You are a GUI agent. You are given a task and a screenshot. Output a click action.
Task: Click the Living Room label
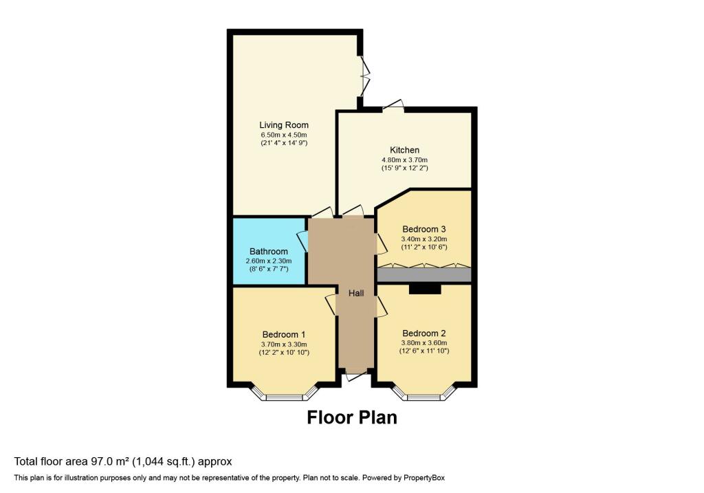(284, 125)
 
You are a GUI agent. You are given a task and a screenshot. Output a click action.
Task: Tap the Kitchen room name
(404, 150)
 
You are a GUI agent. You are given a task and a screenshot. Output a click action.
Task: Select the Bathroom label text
(269, 252)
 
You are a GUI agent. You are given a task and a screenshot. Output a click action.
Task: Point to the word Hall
(357, 293)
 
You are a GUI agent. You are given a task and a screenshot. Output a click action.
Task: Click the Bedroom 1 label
(284, 334)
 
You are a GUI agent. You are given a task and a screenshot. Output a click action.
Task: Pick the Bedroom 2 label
(423, 333)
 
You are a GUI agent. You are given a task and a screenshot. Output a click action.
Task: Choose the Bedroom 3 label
(423, 229)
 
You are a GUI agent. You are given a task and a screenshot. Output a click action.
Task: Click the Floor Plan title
(352, 417)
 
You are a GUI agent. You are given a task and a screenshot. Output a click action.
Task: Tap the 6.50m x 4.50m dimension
(284, 135)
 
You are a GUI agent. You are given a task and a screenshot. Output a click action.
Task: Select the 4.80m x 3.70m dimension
(404, 160)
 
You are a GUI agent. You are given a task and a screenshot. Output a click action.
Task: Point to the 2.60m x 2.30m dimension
(269, 261)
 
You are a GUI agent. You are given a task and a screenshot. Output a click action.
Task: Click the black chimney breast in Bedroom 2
(425, 289)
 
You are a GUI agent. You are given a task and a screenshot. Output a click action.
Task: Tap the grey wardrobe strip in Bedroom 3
(423, 275)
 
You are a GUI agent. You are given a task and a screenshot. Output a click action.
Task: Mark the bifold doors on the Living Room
(364, 76)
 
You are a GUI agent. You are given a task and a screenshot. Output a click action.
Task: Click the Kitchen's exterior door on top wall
(393, 106)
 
